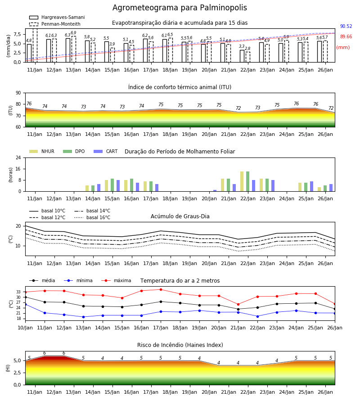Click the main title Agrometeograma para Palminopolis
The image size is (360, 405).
pos(180,8)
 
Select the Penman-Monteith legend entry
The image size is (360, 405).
pos(55,24)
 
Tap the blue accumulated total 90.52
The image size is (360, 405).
pos(346,27)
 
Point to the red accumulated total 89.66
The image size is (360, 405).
pos(346,37)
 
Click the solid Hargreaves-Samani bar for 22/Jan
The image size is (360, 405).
pos(242,56)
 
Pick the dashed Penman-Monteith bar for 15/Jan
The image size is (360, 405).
pos(112,55)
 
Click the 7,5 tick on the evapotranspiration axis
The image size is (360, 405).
pos(17,34)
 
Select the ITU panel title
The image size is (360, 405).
pos(180,87)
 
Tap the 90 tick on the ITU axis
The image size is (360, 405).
pos(18,93)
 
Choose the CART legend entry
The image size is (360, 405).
pos(106,151)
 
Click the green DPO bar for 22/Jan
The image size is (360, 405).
pos(247,181)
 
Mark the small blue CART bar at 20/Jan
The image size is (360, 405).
pos(215,191)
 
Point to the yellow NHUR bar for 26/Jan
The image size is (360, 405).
pos(319,189)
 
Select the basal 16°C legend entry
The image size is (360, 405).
pos(92,217)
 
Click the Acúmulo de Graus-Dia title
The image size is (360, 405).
pos(180,216)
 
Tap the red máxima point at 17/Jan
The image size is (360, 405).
pos(161,289)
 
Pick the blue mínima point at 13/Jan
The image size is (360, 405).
pos(83,317)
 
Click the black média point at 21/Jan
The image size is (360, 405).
pos(238,309)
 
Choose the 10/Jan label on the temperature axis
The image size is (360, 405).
pos(25,328)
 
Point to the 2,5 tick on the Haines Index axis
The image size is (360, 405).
pos(17,373)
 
